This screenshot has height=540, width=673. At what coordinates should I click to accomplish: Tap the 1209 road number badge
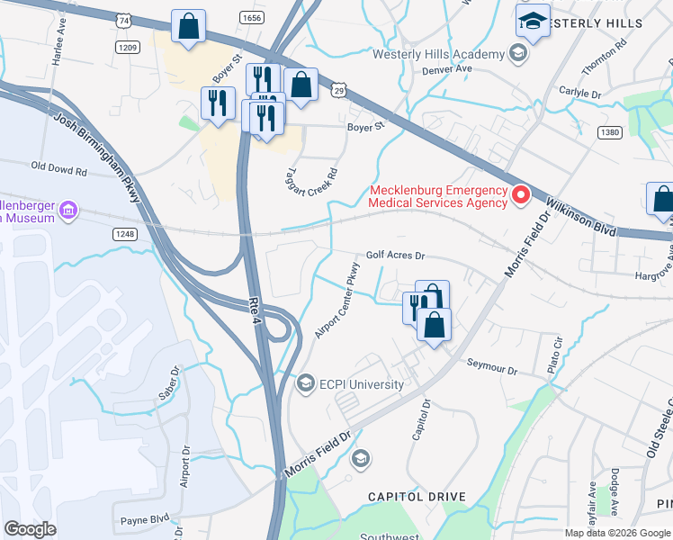coord(127,46)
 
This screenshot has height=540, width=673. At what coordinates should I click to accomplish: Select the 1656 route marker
coord(251,17)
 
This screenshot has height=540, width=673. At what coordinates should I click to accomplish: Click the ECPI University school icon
coord(306,384)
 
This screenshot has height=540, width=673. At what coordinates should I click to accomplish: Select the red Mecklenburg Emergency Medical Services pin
coord(520,194)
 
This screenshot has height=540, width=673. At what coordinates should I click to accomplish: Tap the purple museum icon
coord(67,212)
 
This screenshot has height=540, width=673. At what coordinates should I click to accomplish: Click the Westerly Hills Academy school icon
coord(517,55)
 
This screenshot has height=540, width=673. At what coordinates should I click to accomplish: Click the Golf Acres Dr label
coord(394,256)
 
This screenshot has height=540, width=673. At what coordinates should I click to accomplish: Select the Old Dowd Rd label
coord(58,167)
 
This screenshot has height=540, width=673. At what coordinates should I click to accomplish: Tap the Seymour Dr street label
coord(492,370)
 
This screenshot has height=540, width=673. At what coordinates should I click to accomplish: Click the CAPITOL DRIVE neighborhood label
coord(416,497)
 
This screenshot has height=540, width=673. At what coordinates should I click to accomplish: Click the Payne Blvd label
coord(145,518)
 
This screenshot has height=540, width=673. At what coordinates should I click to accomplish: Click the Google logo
coord(31,528)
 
